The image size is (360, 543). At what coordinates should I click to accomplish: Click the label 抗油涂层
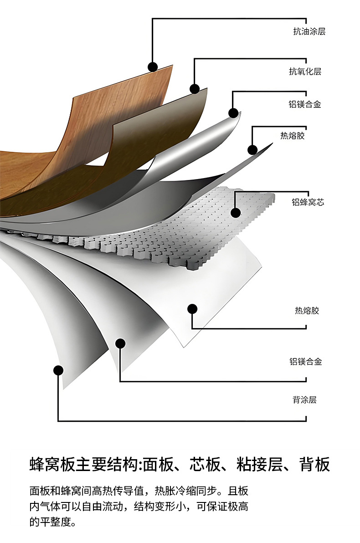tap(309, 32)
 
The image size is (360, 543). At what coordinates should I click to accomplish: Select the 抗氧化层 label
tap(305, 72)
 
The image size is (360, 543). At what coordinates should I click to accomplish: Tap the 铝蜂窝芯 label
tap(308, 202)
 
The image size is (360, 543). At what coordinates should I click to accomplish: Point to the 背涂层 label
tap(304, 400)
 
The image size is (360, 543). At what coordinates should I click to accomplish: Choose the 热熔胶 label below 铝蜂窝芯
tap(307, 311)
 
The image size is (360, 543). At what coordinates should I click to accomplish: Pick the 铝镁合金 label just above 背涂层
tap(305, 362)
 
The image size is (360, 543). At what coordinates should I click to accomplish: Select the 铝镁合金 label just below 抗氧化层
tap(305, 104)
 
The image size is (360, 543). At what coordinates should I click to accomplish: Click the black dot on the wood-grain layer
tap(153, 67)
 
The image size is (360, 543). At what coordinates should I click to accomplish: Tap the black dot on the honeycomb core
tap(236, 212)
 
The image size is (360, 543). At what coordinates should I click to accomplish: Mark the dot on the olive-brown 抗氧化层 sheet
tap(195, 89)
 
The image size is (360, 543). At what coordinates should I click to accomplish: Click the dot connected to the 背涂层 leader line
tap(58, 370)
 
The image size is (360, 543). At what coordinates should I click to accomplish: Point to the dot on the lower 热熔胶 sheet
tap(192, 309)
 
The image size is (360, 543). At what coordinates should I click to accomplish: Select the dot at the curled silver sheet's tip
tap(233, 113)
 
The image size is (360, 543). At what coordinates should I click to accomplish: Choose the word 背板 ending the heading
tap(314, 465)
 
